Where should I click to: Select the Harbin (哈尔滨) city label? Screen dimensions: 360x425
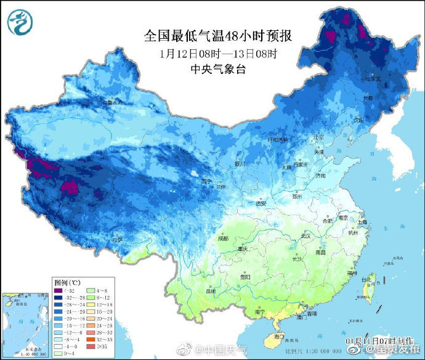(x=371, y=79)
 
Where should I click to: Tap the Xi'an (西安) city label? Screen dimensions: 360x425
(x=261, y=203)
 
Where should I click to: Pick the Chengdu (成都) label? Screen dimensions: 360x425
(x=222, y=238)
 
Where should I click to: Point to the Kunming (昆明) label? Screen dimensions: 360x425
(x=211, y=290)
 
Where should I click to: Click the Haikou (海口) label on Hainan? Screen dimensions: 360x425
(x=278, y=336)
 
